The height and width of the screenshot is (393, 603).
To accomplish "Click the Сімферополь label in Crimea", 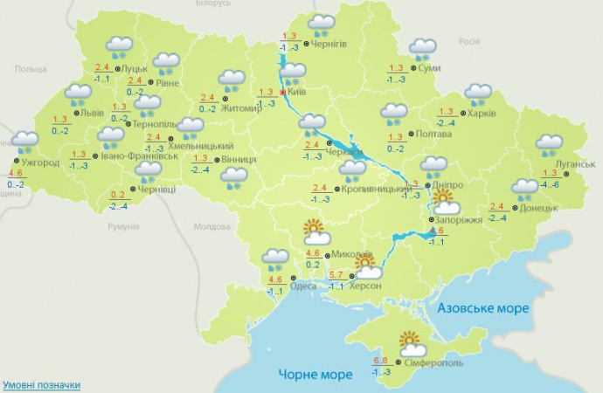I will point(433,361).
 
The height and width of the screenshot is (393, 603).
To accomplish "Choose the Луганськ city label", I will point(574,163).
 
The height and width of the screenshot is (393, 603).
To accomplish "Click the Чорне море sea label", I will point(315,374).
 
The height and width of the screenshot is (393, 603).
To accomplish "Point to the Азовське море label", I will point(482,309).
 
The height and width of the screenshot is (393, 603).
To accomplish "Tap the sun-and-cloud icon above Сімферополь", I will point(408,341).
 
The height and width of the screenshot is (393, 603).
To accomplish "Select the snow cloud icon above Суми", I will point(424,47).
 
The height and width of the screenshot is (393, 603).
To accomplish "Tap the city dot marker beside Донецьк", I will point(514,208).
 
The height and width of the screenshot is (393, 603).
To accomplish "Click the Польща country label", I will point(31,68).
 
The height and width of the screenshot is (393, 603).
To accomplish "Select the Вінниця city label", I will point(239,160).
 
